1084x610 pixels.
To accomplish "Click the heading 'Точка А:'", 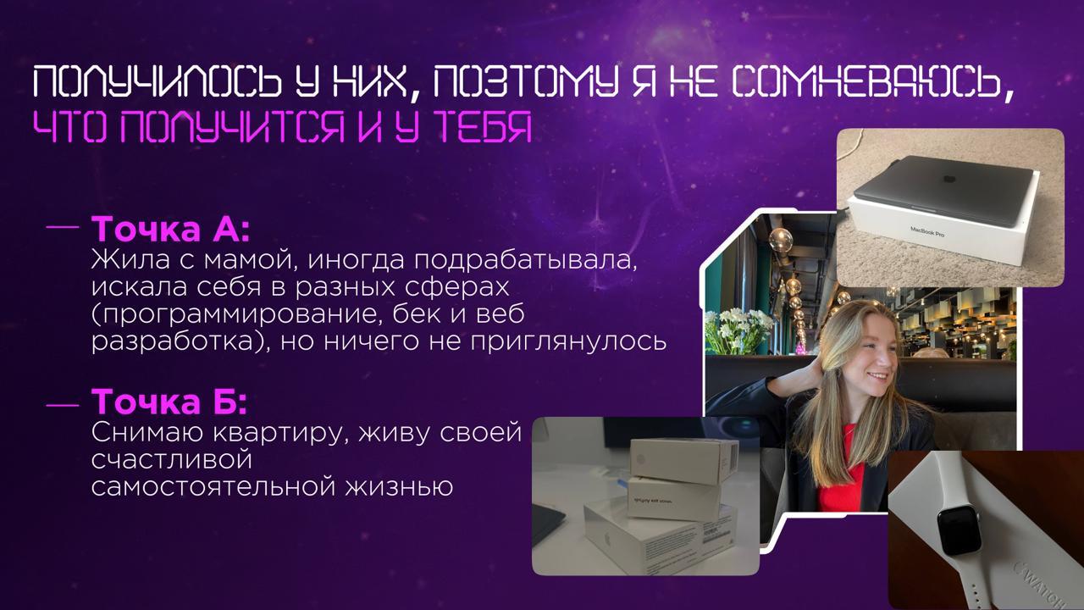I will [x=170, y=230].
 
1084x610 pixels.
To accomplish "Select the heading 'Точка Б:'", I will [x=169, y=402].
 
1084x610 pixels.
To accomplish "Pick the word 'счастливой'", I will [x=173, y=460].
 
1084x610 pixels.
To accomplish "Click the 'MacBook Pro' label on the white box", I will [x=926, y=230].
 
